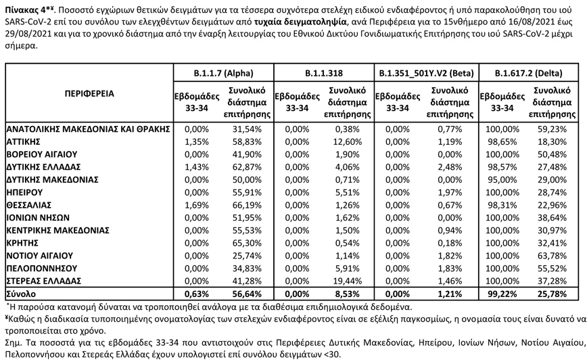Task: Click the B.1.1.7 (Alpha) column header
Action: (223, 72)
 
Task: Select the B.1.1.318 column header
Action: (324, 72)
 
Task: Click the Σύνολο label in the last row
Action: (22, 294)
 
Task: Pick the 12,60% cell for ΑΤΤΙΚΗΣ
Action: (350, 141)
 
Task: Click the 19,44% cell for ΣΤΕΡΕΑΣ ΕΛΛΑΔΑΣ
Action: (350, 280)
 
